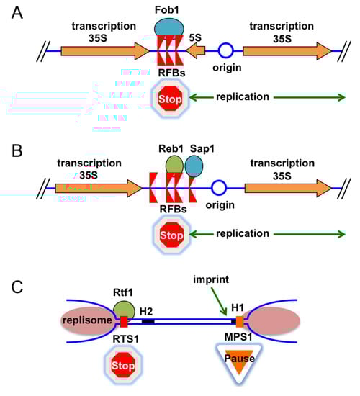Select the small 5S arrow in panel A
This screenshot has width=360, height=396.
coord(196,51)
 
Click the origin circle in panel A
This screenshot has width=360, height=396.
coord(226,51)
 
